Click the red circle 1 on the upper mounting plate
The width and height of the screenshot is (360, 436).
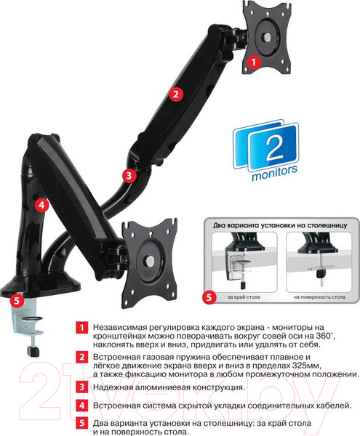(x=253, y=62)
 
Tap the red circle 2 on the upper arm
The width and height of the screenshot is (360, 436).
(x=176, y=94)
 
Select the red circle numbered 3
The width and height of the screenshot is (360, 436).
(x=129, y=176)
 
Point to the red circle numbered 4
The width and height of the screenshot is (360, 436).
(x=41, y=205)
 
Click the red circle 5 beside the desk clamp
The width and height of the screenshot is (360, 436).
(x=17, y=301)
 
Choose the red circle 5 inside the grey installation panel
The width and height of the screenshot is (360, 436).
(x=209, y=297)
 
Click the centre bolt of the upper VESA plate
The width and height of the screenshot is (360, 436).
(x=267, y=36)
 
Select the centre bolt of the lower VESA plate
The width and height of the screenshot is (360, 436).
(x=151, y=261)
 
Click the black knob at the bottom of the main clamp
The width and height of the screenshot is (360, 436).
(x=33, y=351)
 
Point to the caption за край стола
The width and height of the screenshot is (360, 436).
(x=244, y=297)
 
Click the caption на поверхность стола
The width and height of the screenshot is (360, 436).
(x=319, y=297)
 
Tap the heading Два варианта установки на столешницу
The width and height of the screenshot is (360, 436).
(x=280, y=225)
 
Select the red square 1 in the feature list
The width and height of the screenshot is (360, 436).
(x=81, y=327)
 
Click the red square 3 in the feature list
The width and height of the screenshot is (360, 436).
(x=81, y=387)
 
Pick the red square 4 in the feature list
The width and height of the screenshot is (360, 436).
(x=81, y=405)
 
